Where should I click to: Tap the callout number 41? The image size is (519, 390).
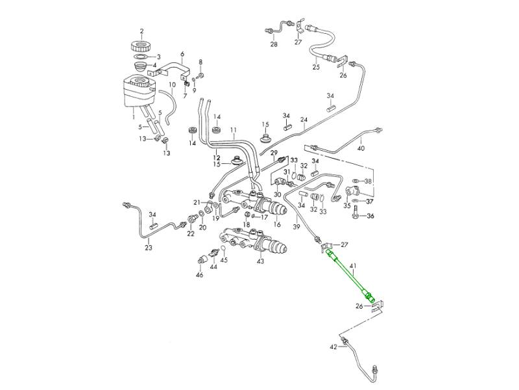(x=353, y=266)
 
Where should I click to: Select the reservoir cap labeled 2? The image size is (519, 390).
(x=141, y=46)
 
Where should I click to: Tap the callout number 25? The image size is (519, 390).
(x=316, y=66)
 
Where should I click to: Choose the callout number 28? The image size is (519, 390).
(x=273, y=45)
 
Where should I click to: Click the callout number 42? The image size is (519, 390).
(x=333, y=347)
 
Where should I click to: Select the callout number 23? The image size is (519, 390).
(x=149, y=248)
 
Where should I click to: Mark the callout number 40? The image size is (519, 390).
(x=361, y=149)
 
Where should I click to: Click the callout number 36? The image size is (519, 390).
(x=370, y=216)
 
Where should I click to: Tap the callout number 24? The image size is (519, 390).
(x=303, y=120)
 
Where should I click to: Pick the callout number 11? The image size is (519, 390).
(x=233, y=129)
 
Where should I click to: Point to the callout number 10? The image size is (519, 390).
(x=172, y=84)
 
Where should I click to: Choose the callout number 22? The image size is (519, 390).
(x=191, y=233)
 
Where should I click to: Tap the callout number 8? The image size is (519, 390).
(x=200, y=62)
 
